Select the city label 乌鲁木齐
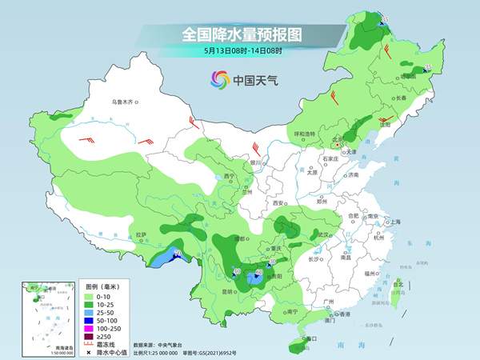tap(126, 102)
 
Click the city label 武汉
tap(322, 234)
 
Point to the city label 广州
tap(327, 301)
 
